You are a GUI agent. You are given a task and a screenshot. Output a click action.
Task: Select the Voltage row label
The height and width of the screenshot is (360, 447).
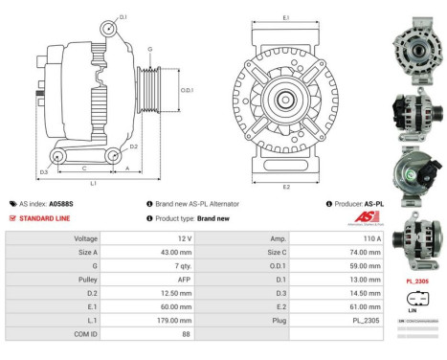tap(85, 237)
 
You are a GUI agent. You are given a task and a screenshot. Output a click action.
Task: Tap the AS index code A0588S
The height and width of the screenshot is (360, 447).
tap(60, 204)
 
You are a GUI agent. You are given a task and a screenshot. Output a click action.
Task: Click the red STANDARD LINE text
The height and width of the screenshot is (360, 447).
tap(46, 218)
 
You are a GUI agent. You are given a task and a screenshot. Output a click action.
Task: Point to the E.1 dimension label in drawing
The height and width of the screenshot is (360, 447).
tap(286, 17)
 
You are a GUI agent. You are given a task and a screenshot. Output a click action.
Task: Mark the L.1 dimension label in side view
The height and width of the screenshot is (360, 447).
tap(93, 182)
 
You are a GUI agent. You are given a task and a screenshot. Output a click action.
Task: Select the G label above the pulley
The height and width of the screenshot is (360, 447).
tap(149, 49)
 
